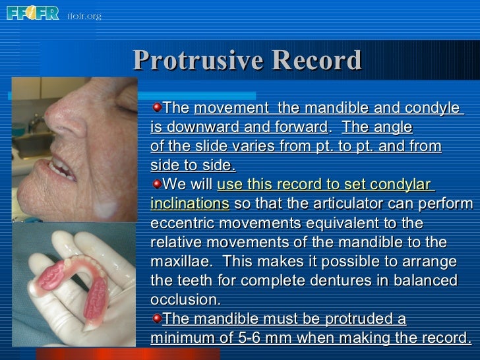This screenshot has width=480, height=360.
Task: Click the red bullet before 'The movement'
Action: (x=156, y=107)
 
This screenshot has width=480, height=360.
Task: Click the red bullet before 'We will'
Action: (x=156, y=183)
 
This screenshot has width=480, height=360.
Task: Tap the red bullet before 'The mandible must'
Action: (x=156, y=318)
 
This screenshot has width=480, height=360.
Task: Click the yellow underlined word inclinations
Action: (x=190, y=203)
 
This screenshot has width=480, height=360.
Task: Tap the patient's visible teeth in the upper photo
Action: (x=62, y=169)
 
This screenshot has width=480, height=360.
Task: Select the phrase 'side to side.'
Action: (x=193, y=165)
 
